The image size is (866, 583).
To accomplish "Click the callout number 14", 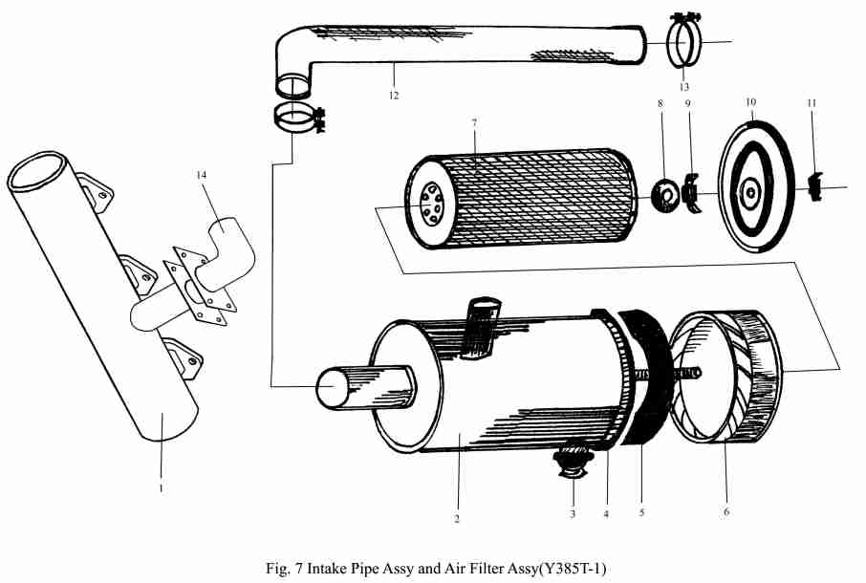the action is point(201,175).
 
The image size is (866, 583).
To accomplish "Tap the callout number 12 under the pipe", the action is point(393,96).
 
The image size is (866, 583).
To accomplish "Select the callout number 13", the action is point(684,87).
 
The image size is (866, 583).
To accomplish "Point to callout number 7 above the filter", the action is point(474,122).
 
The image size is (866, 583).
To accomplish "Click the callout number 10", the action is point(750,102).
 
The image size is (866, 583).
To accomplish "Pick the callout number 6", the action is point(726,511).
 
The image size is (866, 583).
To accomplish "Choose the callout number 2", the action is point(457,519).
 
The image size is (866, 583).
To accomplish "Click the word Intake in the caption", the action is point(327,568).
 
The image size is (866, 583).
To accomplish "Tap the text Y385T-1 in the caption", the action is point(573,568).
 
